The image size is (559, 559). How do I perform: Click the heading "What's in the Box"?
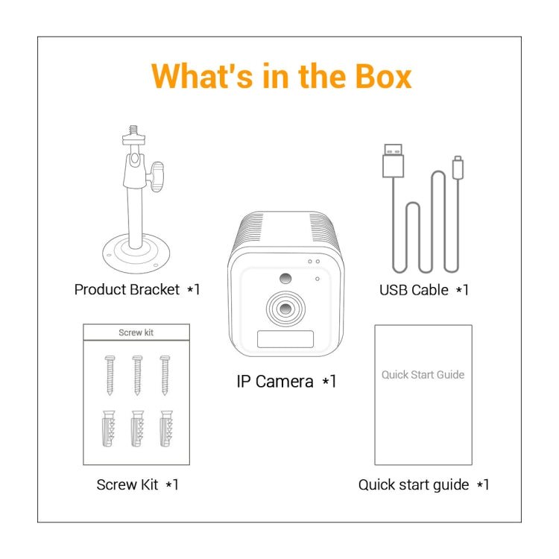click(281, 77)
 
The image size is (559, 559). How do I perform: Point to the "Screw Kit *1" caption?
click(137, 484)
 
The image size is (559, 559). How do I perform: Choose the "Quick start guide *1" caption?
click(423, 484)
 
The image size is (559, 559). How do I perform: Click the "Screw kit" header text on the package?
click(136, 332)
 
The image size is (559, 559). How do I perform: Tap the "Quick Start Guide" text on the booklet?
click(423, 374)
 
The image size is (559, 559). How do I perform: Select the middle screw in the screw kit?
click(136, 374)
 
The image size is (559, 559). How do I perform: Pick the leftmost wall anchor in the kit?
click(108, 429)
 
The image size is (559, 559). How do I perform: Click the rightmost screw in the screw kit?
click(165, 374)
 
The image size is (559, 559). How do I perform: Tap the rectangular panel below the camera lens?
click(285, 340)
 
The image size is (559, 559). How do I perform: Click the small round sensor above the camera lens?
click(285, 279)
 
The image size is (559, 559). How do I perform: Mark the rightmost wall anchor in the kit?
click(165, 429)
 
